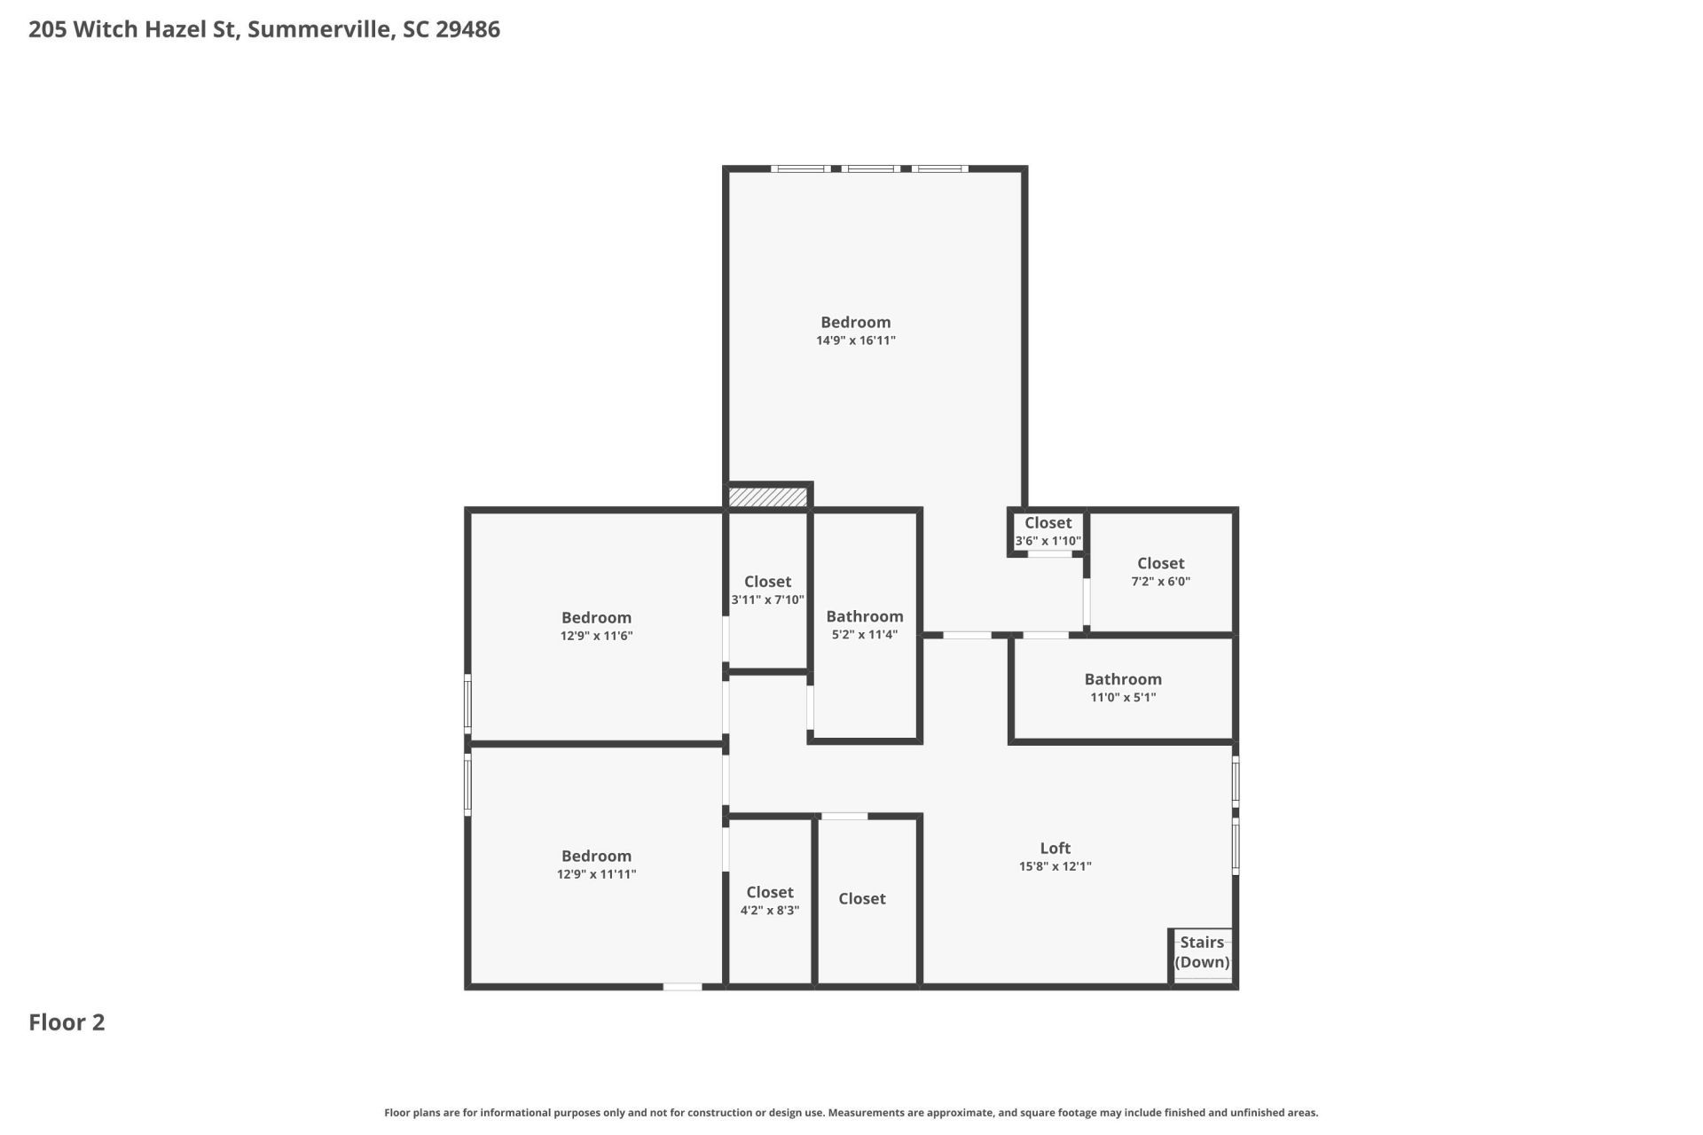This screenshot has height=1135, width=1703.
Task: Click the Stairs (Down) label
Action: pyautogui.click(x=1202, y=952)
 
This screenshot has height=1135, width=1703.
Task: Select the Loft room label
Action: pyautogui.click(x=1055, y=848)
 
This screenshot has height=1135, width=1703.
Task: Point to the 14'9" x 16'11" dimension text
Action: pyautogui.click(x=855, y=340)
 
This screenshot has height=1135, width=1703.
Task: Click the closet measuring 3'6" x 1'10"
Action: pyautogui.click(x=1048, y=531)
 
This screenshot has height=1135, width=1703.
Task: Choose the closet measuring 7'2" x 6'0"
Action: pyautogui.click(x=1160, y=572)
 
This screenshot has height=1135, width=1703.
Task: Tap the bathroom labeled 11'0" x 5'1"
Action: pyautogui.click(x=1122, y=687)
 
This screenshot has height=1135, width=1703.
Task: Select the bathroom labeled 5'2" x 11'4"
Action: pyautogui.click(x=864, y=624)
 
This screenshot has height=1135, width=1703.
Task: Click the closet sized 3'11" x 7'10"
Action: pyautogui.click(x=767, y=590)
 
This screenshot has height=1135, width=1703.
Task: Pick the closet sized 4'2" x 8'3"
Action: pyautogui.click(x=769, y=900)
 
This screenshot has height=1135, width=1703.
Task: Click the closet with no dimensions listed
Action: pyautogui.click(x=861, y=898)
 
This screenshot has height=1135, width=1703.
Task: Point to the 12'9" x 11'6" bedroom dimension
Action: pyautogui.click(x=596, y=636)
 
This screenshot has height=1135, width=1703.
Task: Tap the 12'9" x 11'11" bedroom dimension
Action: pyautogui.click(x=596, y=874)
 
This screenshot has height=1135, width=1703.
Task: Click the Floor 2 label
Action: pyautogui.click(x=67, y=1022)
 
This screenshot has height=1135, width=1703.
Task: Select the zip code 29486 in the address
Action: pyautogui.click(x=467, y=29)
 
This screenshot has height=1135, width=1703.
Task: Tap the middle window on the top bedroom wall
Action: pyautogui.click(x=869, y=168)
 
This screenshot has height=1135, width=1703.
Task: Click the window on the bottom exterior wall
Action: pyautogui.click(x=682, y=986)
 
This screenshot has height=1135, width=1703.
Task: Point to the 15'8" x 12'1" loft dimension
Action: pyautogui.click(x=1055, y=866)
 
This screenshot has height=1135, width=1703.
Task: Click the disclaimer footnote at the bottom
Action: pyautogui.click(x=851, y=1112)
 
